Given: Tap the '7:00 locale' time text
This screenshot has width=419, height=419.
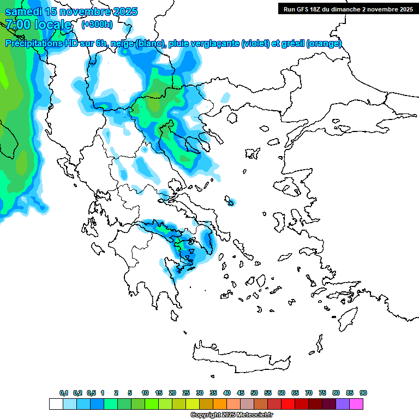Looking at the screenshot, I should (x=38, y=25).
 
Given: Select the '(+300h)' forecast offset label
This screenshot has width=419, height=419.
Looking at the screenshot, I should (x=97, y=24).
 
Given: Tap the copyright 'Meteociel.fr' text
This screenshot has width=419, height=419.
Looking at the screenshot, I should (x=250, y=415).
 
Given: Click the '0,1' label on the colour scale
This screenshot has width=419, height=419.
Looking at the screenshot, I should (x=64, y=393).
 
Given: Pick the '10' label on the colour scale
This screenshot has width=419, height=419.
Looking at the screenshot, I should (x=145, y=393).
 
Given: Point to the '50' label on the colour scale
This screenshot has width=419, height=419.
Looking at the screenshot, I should (x=254, y=393).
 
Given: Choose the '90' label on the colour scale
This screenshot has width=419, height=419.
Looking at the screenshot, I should (x=363, y=393).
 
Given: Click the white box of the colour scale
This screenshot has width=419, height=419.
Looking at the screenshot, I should (x=56, y=404).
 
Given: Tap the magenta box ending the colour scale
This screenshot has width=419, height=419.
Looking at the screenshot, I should (x=356, y=404).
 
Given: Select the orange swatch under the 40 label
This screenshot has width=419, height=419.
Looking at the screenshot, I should (x=220, y=404).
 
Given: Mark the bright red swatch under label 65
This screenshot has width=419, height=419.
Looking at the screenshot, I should (x=288, y=404).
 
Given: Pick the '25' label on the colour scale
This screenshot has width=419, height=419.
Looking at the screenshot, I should (x=186, y=393).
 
